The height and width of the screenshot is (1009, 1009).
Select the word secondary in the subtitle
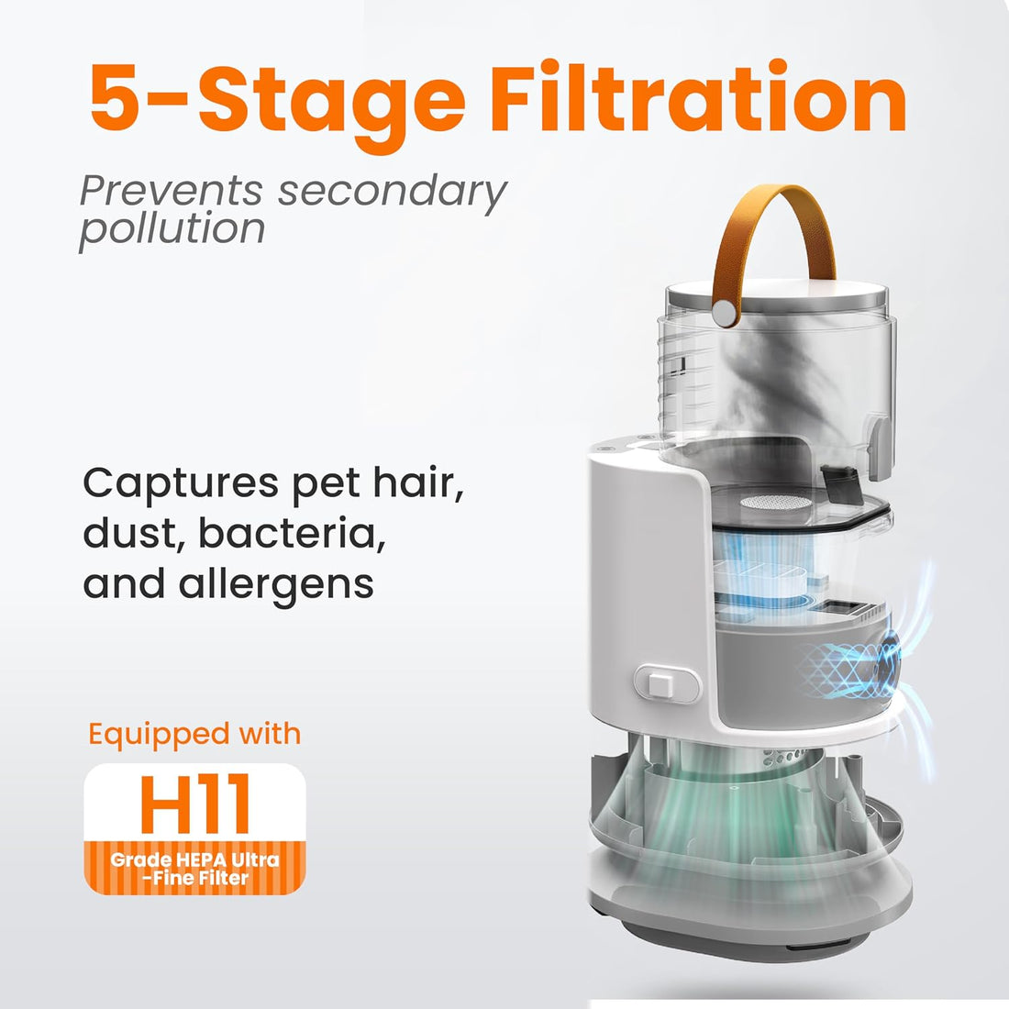[393, 192]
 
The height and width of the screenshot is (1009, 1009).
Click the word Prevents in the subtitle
[171, 191]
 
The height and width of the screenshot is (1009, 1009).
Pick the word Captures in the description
[183, 484]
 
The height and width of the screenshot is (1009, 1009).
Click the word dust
[134, 534]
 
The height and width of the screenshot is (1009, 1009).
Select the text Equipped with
[194, 734]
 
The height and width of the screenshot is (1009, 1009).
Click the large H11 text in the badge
[195, 804]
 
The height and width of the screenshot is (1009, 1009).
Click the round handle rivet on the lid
[726, 313]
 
